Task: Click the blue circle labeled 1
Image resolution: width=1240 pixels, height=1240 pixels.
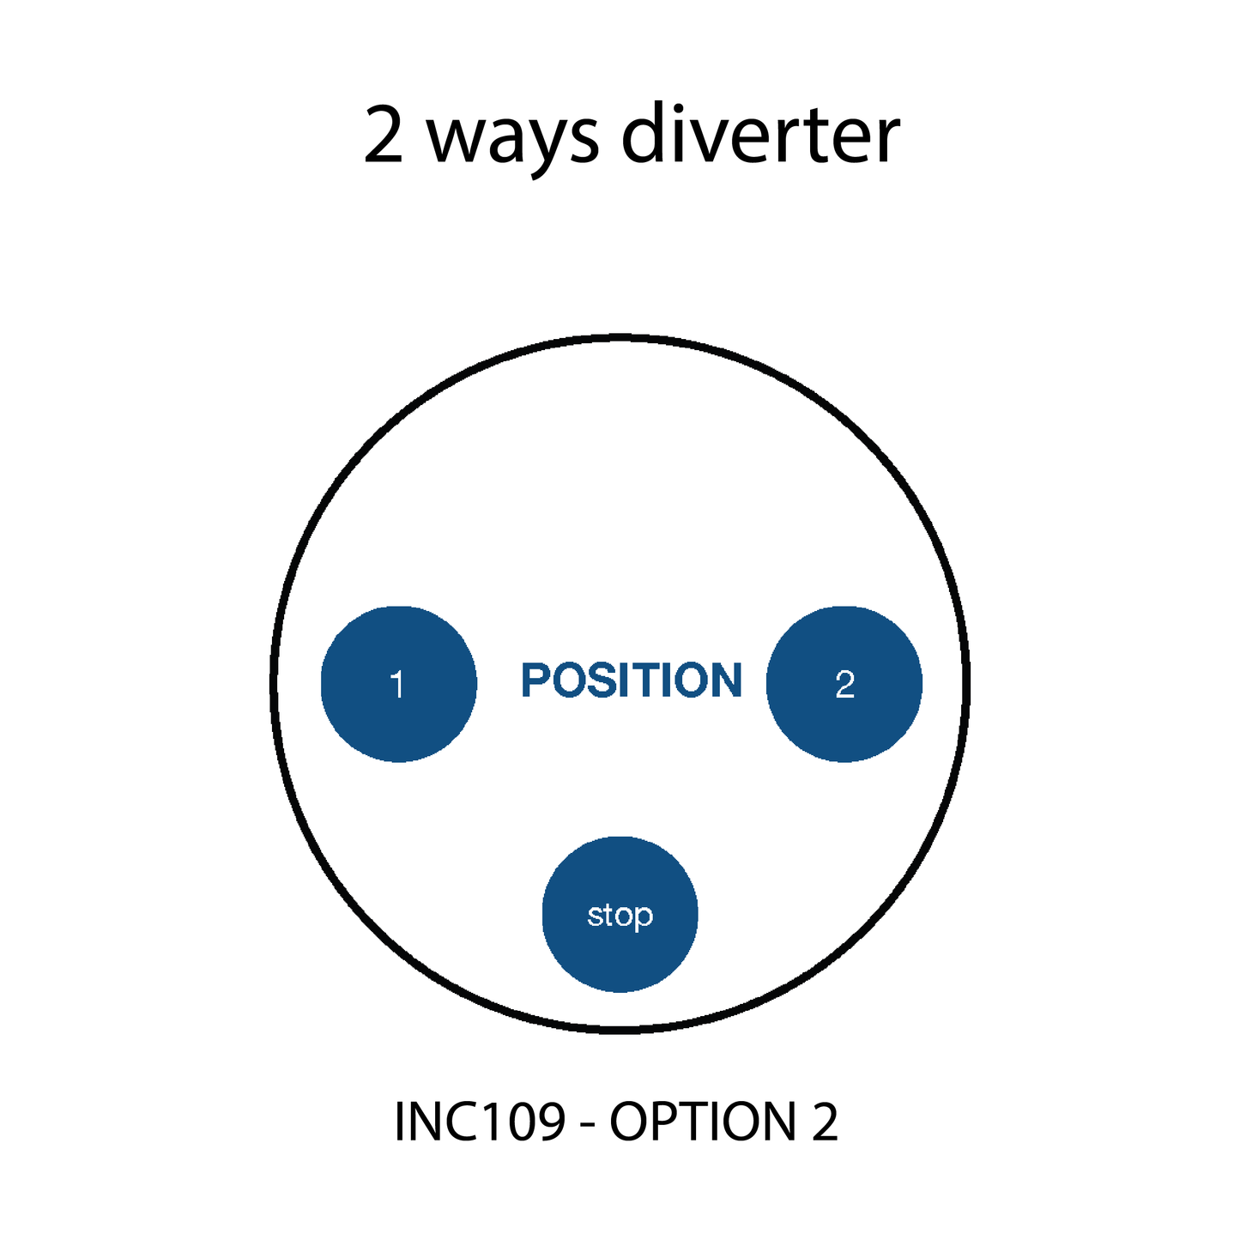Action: click(398, 684)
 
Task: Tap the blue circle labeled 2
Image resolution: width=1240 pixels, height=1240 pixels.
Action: click(844, 684)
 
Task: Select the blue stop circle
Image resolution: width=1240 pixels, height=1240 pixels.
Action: click(620, 914)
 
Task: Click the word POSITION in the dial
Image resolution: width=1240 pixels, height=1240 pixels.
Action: click(631, 680)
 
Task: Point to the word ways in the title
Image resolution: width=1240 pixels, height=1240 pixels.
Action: click(511, 137)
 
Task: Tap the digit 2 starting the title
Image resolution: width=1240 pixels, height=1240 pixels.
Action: click(383, 137)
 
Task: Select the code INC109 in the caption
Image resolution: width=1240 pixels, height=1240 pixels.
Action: click(480, 1121)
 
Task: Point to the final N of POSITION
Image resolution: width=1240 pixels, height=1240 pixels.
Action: click(726, 680)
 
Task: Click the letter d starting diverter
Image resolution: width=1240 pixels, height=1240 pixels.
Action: click(644, 136)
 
